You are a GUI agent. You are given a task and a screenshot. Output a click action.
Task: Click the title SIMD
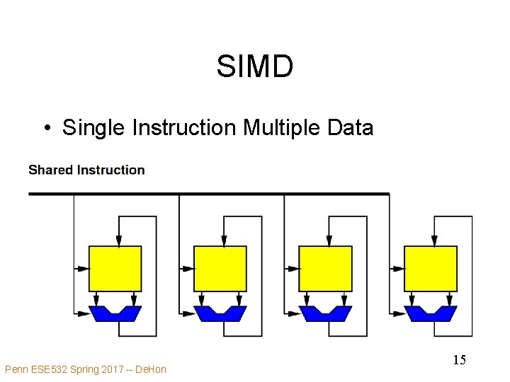tap(254, 67)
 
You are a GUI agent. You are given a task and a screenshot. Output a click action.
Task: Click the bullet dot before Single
tap(45, 129)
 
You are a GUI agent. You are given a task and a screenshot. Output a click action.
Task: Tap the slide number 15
tap(459, 360)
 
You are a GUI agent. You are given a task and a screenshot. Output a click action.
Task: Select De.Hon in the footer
tap(149, 369)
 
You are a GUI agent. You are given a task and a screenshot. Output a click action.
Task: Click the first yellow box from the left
tap(115, 268)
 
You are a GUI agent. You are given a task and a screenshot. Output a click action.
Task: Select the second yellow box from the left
tap(220, 268)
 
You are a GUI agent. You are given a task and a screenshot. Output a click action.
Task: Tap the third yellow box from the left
tap(325, 268)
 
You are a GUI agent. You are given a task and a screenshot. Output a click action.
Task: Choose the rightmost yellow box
tap(430, 268)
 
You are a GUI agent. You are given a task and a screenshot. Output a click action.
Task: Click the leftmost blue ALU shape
tap(115, 312)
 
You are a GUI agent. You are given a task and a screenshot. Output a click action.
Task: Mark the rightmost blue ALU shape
tap(430, 312)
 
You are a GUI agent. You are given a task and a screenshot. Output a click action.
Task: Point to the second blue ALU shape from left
tap(220, 312)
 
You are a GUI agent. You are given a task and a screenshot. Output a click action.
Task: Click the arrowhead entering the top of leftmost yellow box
tap(118, 241)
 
